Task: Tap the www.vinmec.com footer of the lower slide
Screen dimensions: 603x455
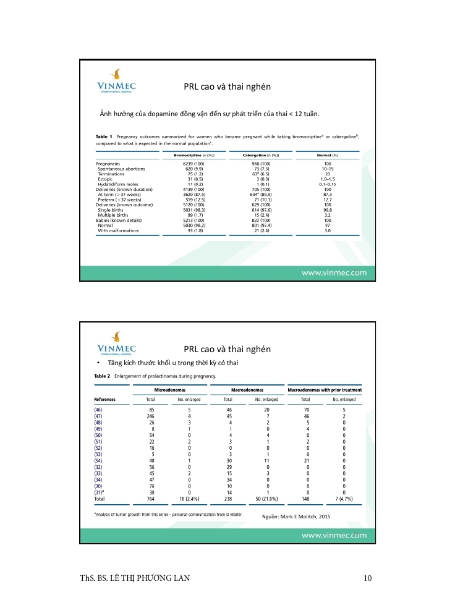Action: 333,535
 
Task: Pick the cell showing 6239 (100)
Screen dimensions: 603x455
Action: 194,164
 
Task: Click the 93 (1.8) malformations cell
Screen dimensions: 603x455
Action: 194,230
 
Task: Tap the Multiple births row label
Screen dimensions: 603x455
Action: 114,215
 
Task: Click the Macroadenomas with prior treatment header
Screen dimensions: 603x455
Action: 325,390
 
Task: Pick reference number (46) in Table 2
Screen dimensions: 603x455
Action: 98,410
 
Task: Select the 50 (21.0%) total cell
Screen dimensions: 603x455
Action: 267,497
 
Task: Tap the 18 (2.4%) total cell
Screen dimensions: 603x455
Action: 189,497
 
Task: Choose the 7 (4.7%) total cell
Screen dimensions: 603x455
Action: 344,497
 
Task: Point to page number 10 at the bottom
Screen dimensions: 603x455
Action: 368,578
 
